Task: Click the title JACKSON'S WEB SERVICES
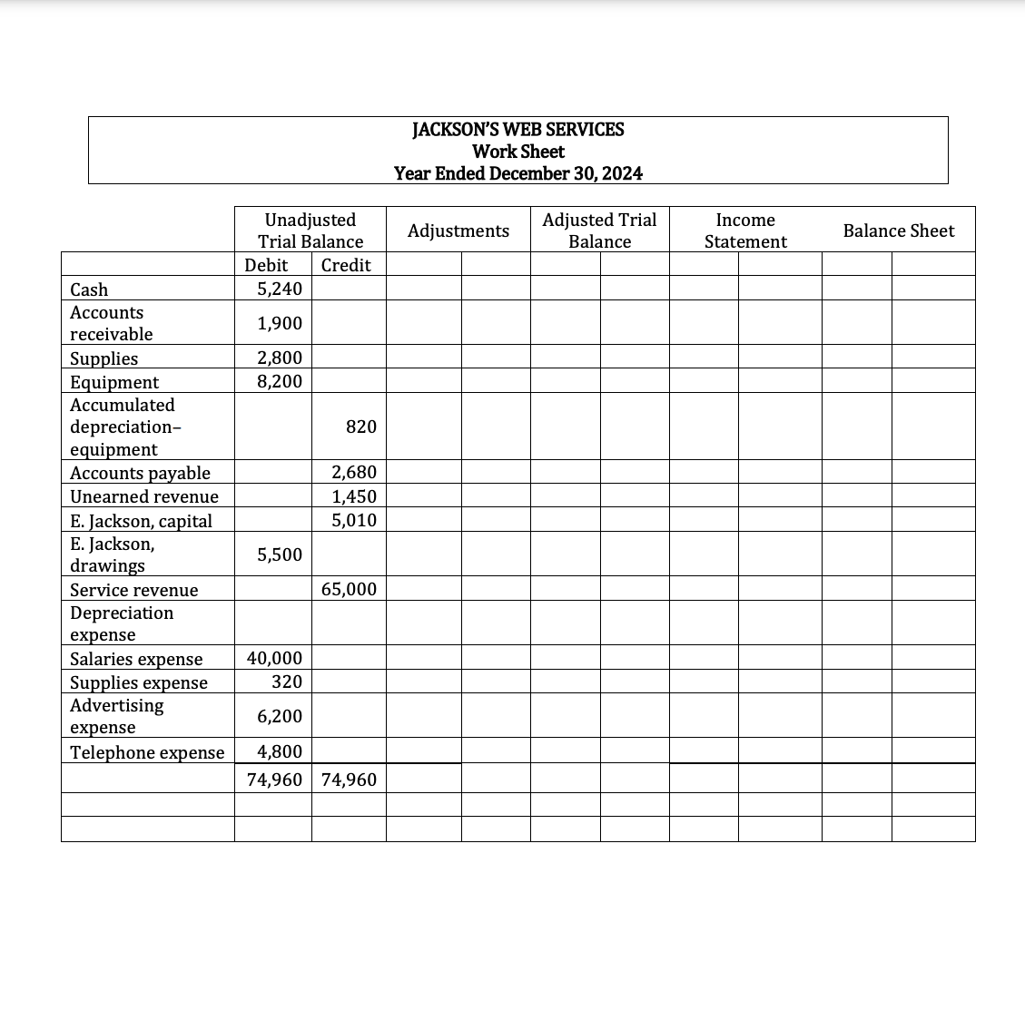click(517, 129)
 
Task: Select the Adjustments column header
click(458, 231)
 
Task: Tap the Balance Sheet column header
click(898, 231)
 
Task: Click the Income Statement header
click(745, 231)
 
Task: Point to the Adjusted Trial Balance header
click(599, 231)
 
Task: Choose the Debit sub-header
click(266, 265)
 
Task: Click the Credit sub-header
click(346, 265)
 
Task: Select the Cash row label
click(89, 289)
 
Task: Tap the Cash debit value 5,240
click(280, 289)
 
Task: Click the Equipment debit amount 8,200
click(280, 381)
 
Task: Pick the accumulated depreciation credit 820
click(361, 427)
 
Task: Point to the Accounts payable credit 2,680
click(354, 472)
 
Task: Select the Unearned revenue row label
click(144, 496)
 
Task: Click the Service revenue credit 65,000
click(350, 589)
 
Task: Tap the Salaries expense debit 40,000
click(275, 658)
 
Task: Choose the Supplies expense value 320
click(287, 682)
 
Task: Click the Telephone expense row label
click(147, 752)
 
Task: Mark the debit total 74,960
click(275, 780)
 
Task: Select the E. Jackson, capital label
click(141, 521)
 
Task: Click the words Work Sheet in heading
click(518, 152)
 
